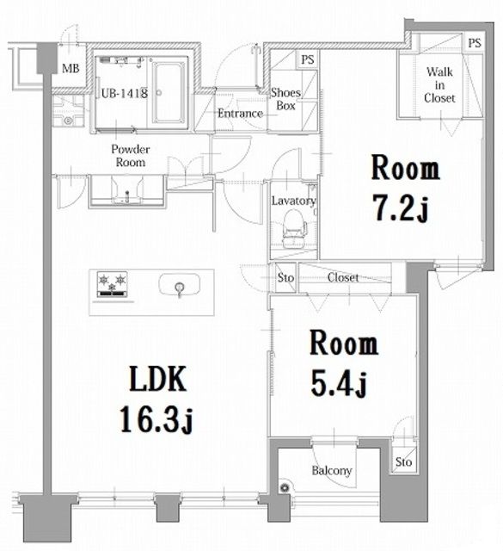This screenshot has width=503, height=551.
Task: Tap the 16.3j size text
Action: [x=160, y=419]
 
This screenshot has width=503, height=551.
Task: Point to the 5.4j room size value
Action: [x=343, y=383]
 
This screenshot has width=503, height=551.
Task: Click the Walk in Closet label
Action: [x=439, y=85]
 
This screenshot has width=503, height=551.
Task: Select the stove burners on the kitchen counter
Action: [x=112, y=284]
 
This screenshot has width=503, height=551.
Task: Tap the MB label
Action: [x=71, y=70]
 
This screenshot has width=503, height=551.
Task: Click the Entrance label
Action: [x=240, y=114]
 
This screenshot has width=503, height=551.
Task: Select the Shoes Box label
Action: [x=285, y=99]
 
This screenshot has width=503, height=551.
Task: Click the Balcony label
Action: [x=331, y=471]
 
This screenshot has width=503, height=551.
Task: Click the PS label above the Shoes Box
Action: [x=307, y=59]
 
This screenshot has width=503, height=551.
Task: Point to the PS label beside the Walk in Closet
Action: [x=475, y=43]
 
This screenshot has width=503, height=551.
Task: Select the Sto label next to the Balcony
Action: [x=403, y=462]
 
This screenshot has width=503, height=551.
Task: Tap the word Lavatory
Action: [x=294, y=201]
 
